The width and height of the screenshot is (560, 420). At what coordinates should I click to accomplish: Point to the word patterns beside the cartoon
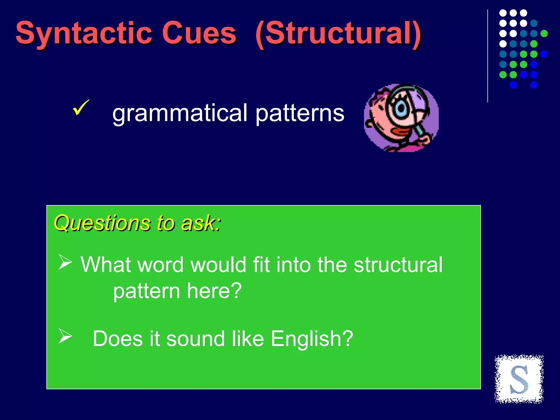300,113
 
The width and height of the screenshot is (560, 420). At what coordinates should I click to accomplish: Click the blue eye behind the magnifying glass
401,108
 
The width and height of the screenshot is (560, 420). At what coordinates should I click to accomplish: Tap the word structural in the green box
398,265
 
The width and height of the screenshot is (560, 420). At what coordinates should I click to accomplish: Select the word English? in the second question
312,339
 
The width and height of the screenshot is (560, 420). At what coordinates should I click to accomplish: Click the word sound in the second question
195,339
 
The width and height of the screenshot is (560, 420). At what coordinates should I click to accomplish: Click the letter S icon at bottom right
519,379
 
